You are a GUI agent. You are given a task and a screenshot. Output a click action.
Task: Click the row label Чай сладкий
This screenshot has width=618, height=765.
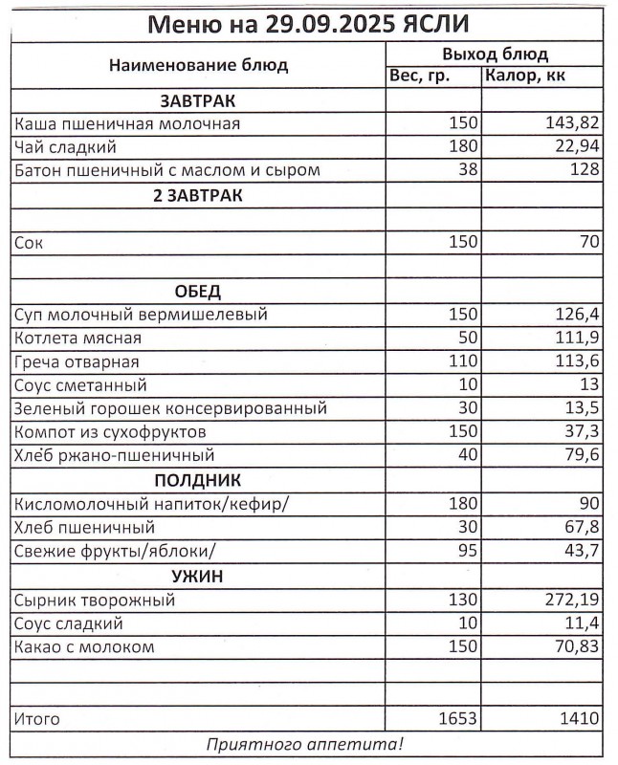coord(66,147)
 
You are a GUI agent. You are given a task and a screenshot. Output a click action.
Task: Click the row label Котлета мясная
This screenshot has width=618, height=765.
coord(78,339)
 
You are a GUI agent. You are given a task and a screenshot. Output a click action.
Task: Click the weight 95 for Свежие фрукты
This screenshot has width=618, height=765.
coord(466,552)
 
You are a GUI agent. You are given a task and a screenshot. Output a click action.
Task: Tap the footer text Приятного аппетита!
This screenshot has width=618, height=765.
coord(305,743)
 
